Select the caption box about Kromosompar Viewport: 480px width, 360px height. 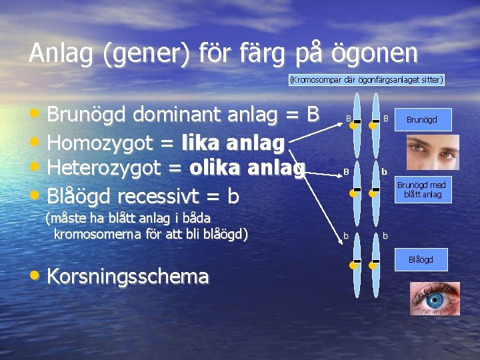click(367, 80)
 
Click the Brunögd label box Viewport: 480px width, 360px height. click(421, 120)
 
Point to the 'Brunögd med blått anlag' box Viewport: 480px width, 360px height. click(423, 189)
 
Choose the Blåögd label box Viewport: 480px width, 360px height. click(421, 259)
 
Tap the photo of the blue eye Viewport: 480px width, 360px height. click(434, 298)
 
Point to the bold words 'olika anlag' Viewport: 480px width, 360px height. click(247, 167)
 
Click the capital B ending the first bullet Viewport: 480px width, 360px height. click(313, 115)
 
